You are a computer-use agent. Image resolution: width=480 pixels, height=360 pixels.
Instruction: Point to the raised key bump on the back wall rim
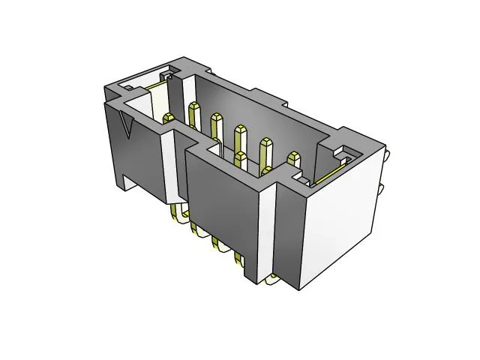click(x=270, y=97)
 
